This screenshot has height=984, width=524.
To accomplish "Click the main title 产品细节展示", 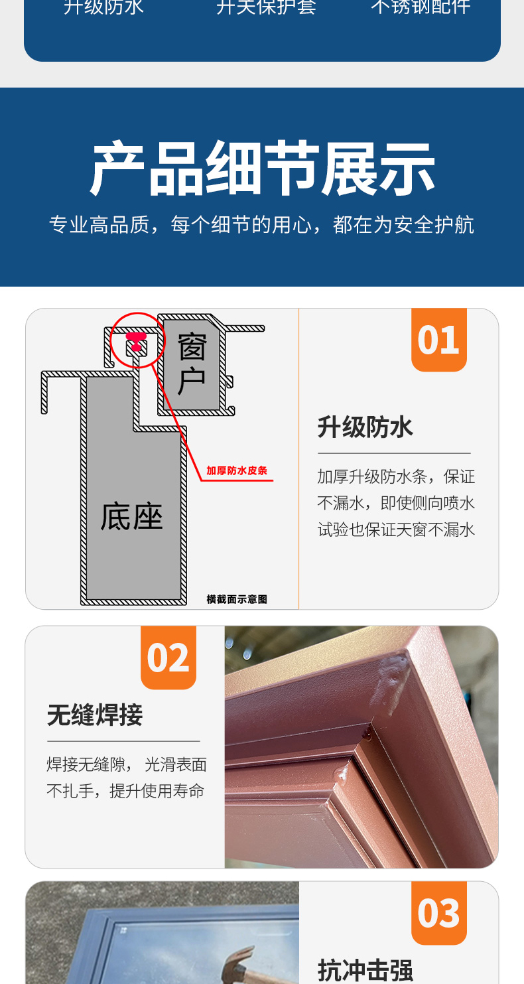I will click(x=262, y=169).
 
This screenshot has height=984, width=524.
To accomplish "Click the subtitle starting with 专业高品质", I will click(x=262, y=225).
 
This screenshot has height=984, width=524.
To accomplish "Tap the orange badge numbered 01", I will click(x=438, y=339).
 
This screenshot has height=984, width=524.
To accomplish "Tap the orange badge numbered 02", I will click(x=168, y=658).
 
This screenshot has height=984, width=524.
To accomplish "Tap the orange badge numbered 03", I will click(x=438, y=913).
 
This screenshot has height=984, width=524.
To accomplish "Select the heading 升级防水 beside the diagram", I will click(x=365, y=427).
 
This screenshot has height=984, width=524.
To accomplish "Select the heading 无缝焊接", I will click(x=95, y=715).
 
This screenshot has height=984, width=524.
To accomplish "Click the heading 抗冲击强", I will click(x=365, y=969).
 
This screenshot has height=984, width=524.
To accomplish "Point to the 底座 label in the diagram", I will click(x=131, y=516).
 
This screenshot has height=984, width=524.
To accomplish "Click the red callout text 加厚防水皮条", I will click(x=236, y=470).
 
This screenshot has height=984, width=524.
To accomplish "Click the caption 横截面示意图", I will click(x=237, y=599).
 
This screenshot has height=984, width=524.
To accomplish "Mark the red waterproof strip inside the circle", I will click(x=136, y=341).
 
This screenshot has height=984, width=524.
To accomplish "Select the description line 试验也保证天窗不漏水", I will click(x=396, y=529).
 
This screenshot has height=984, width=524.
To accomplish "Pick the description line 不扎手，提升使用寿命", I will click(x=125, y=791).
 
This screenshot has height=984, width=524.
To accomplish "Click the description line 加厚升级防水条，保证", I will click(x=396, y=476).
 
